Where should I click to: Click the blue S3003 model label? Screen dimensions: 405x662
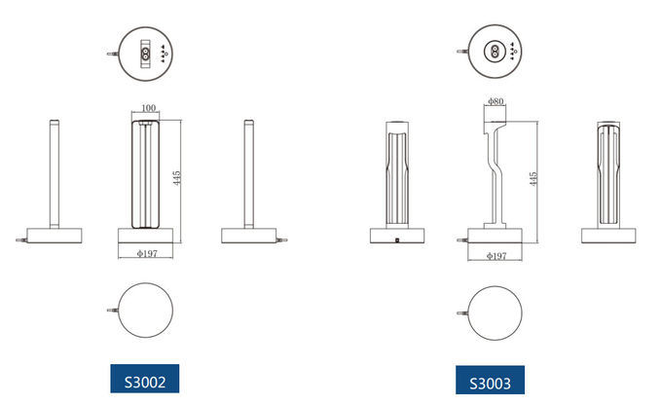(490, 380)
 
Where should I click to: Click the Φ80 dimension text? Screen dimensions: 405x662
(495, 101)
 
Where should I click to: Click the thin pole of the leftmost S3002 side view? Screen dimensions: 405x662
(55, 175)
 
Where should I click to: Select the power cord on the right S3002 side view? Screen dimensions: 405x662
(283, 238)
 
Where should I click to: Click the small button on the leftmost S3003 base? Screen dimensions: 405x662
(397, 239)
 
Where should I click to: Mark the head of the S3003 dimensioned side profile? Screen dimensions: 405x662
(496, 122)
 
